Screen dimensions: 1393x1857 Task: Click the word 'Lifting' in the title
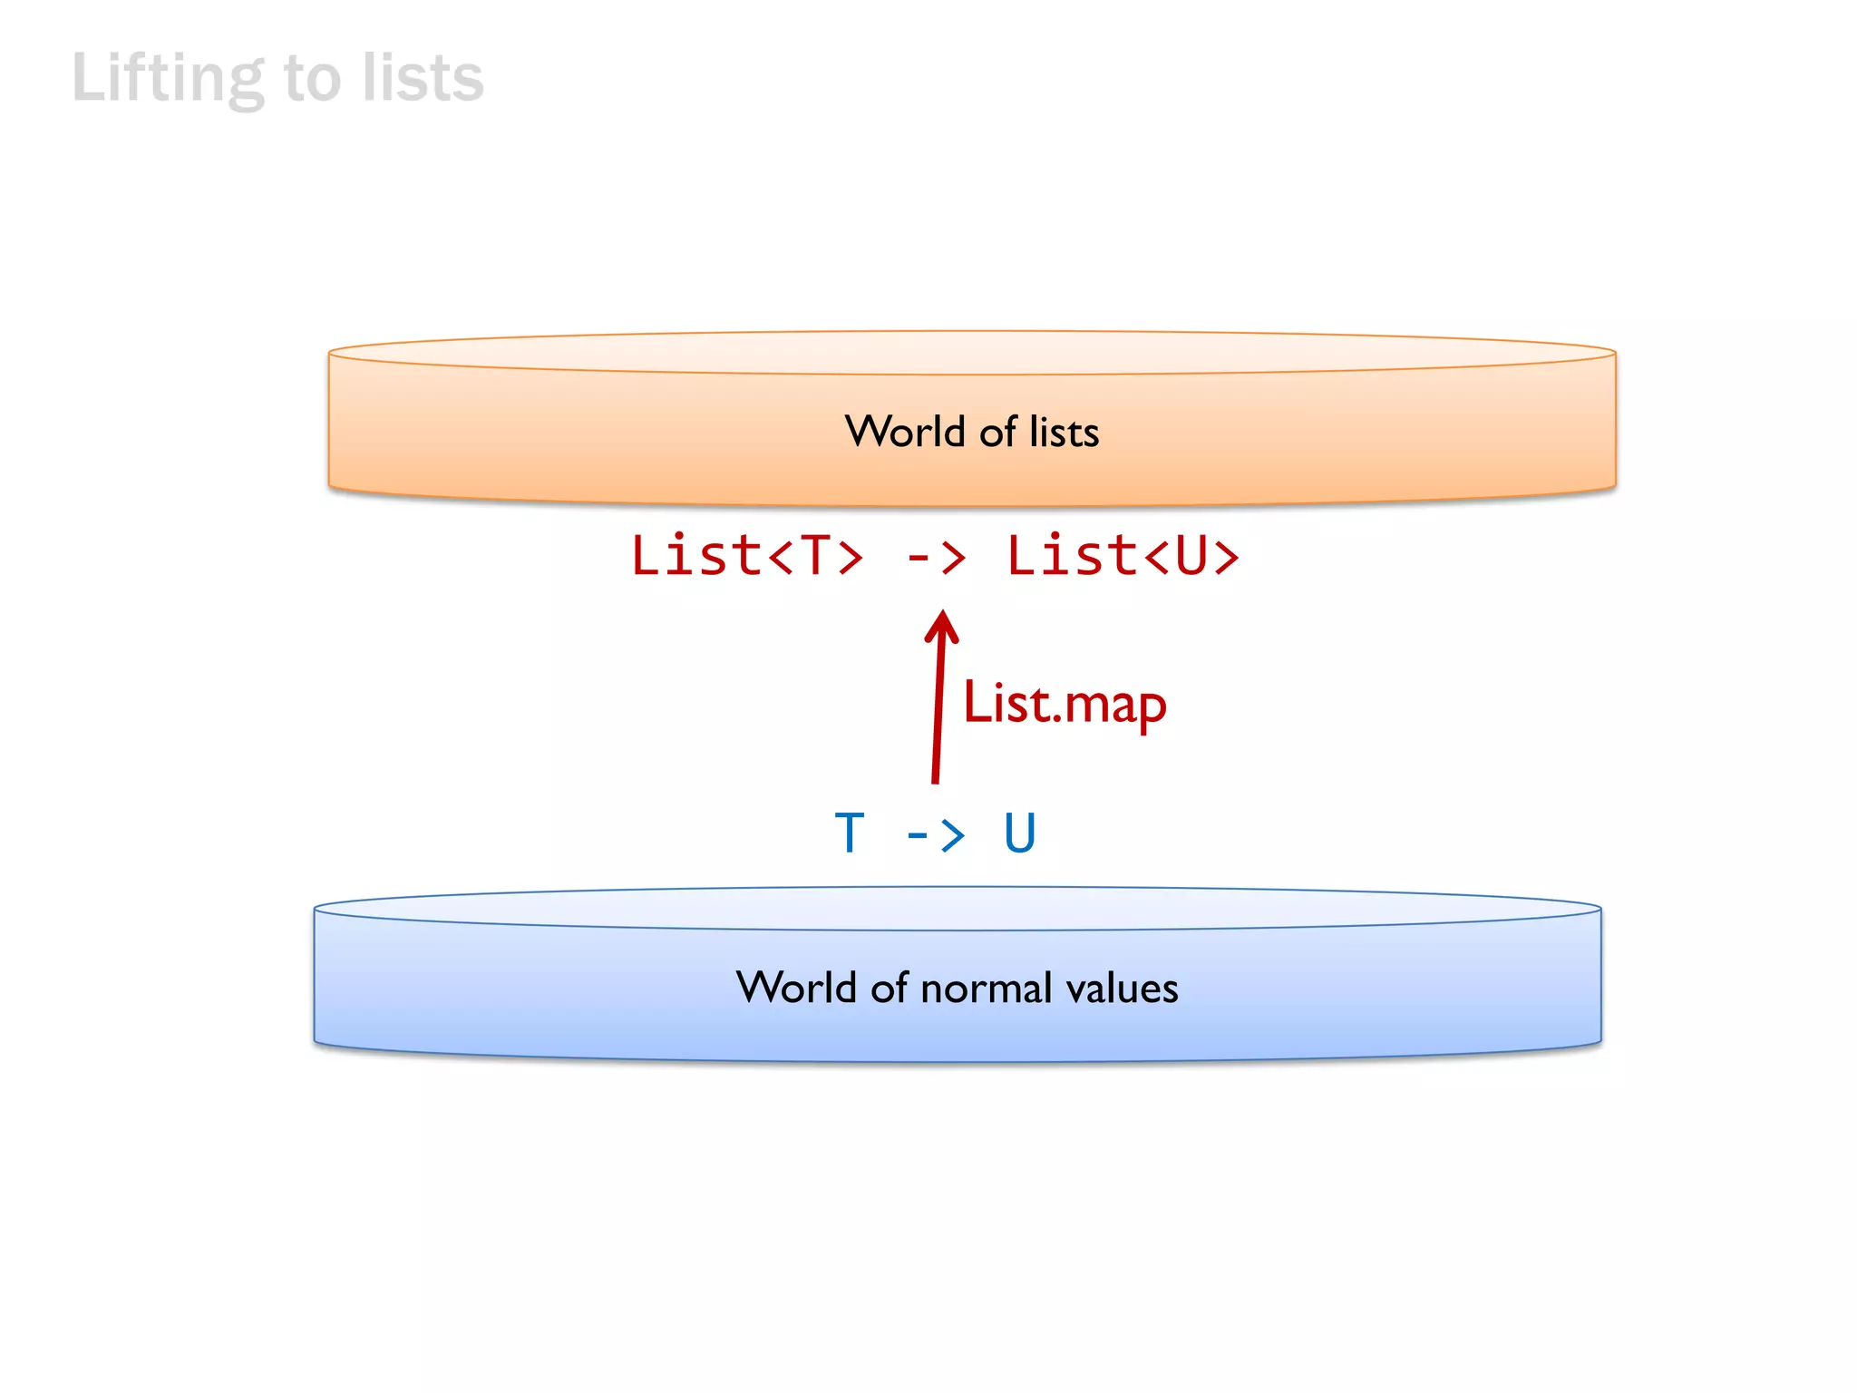point(168,79)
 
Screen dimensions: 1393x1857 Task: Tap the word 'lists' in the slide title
point(423,79)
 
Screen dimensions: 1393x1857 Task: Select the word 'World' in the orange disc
point(904,432)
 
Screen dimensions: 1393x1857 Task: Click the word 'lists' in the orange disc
point(1064,432)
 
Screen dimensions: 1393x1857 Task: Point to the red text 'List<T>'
point(746,556)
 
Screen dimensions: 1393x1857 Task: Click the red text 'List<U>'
point(1123,556)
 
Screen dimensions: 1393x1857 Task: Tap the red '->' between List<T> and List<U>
point(935,556)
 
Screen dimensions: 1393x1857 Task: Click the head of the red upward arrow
point(941,625)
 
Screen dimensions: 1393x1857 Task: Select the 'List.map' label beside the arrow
point(1065,704)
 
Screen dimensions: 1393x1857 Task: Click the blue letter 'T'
point(850,833)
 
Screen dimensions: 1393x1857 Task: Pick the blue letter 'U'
point(1019,833)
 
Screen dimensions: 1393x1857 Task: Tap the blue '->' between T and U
point(935,833)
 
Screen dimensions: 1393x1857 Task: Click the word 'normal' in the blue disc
point(987,988)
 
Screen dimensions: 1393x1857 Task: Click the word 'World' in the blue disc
point(796,988)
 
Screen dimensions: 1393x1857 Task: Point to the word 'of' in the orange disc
point(997,432)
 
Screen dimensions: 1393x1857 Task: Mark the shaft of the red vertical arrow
point(938,716)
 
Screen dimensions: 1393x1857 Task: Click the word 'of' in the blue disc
point(889,988)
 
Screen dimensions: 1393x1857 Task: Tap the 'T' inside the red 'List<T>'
point(815,556)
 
